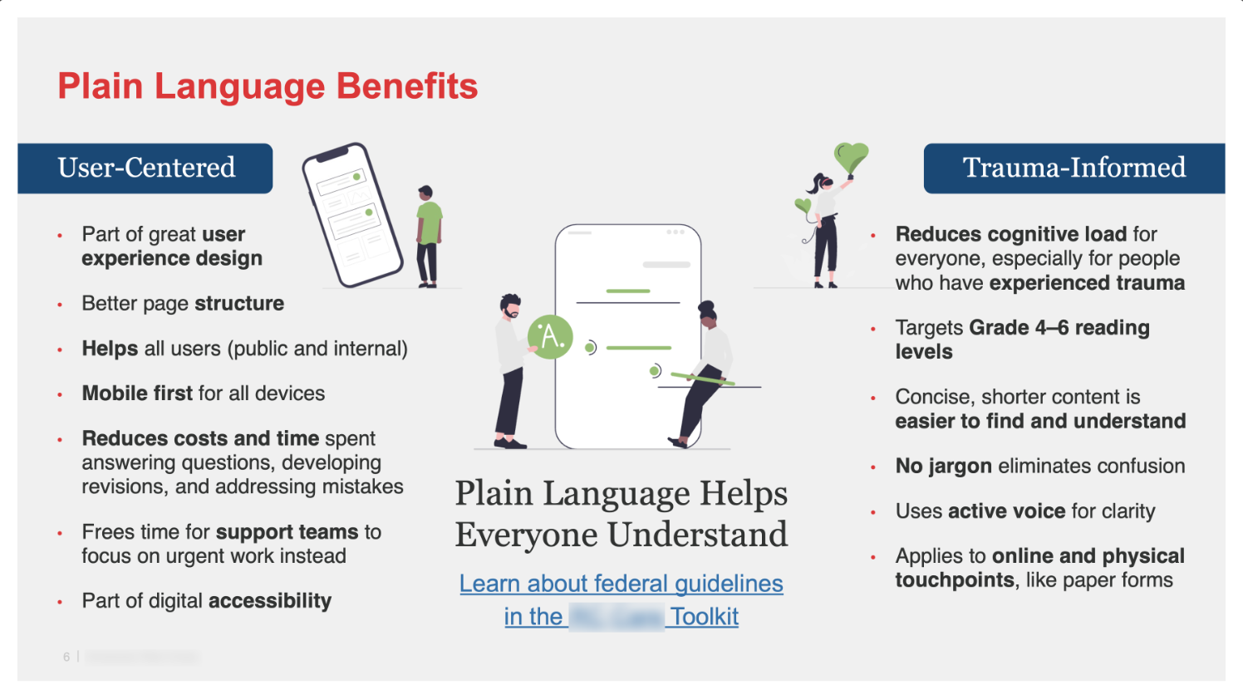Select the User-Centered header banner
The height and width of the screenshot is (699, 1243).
(x=145, y=168)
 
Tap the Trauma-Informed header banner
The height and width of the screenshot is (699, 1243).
(x=1073, y=168)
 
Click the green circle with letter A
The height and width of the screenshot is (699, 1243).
(x=550, y=336)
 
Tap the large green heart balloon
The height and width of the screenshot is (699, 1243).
(x=851, y=156)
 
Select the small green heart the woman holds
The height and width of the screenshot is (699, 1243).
(x=803, y=205)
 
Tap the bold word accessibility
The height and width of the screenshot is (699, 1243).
(x=269, y=601)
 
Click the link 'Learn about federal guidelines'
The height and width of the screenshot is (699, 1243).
(x=621, y=584)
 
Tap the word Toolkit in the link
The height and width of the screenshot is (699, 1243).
(x=705, y=617)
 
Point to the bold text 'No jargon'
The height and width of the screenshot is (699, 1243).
(x=943, y=467)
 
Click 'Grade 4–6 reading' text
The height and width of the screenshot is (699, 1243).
(x=1059, y=328)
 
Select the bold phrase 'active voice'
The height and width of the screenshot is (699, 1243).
(x=1005, y=511)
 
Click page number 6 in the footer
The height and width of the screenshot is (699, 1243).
(x=66, y=657)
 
